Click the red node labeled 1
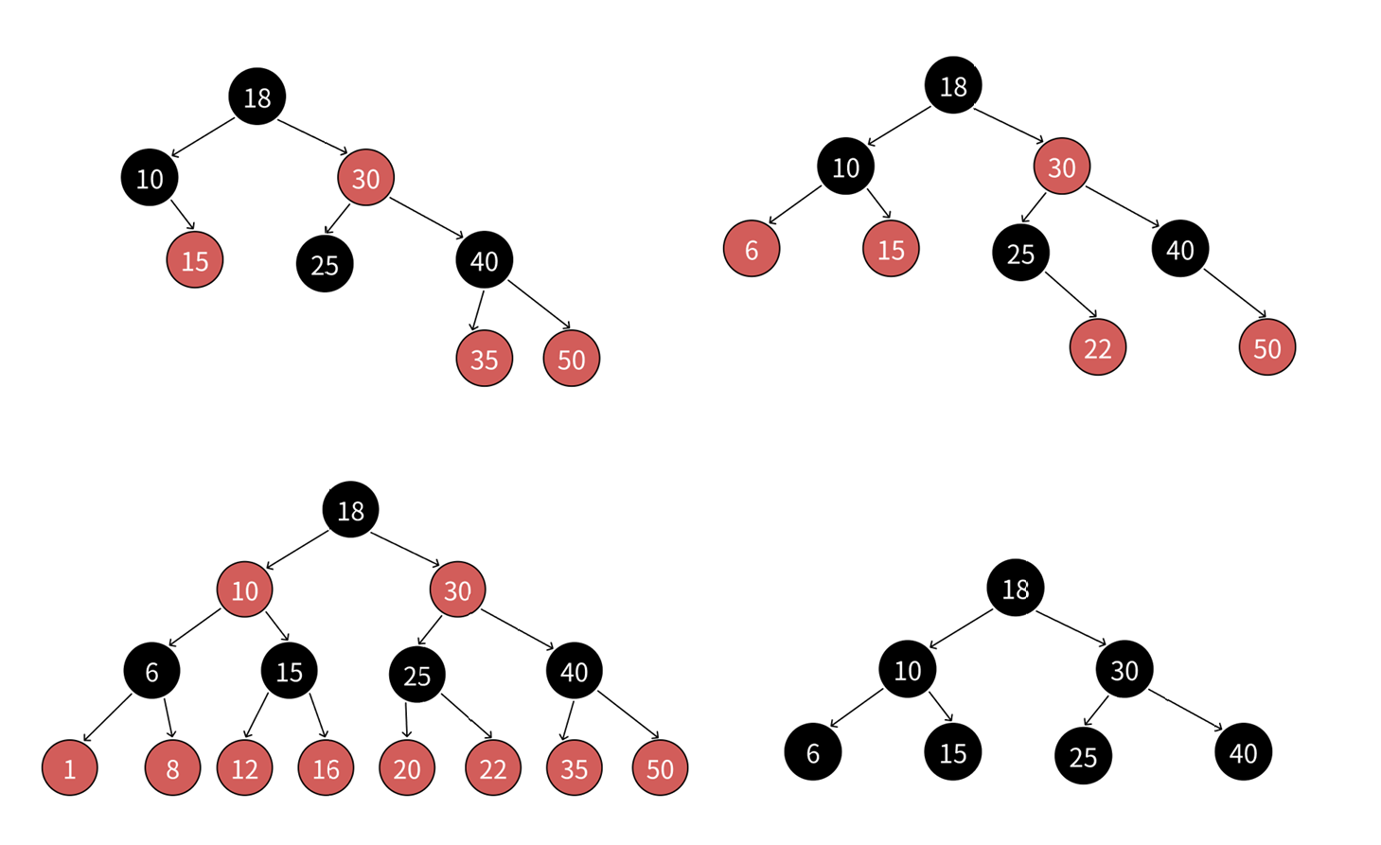tap(69, 767)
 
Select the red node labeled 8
tap(172, 767)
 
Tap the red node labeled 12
tap(244, 767)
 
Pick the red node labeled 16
tap(326, 767)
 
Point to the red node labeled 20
tap(407, 767)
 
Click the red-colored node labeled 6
tap(751, 249)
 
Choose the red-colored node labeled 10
tap(244, 590)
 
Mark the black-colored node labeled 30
tap(1124, 670)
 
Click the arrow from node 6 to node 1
tap(107, 718)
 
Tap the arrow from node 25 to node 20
tap(406, 719)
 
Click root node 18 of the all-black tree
tap(1015, 588)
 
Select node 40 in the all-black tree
tap(1243, 752)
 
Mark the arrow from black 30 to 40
tap(1186, 710)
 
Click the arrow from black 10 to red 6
tap(795, 205)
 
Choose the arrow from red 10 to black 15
tap(277, 626)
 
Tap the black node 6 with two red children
tap(151, 671)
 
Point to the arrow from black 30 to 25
tap(1096, 712)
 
